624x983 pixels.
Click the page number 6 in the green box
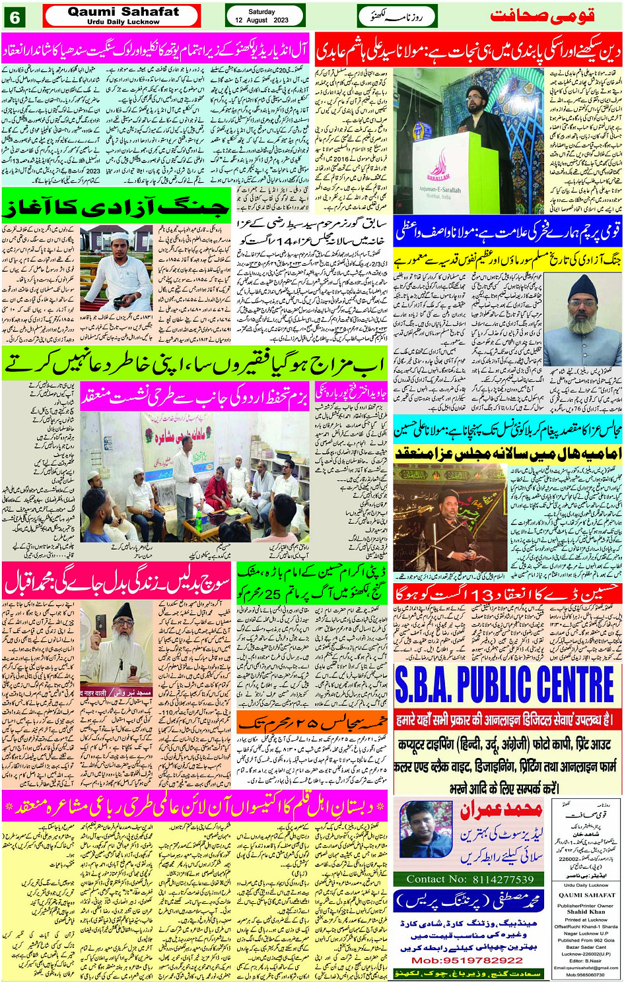[15, 16]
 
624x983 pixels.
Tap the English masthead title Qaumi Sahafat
[123, 12]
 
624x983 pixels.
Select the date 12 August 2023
[262, 20]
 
